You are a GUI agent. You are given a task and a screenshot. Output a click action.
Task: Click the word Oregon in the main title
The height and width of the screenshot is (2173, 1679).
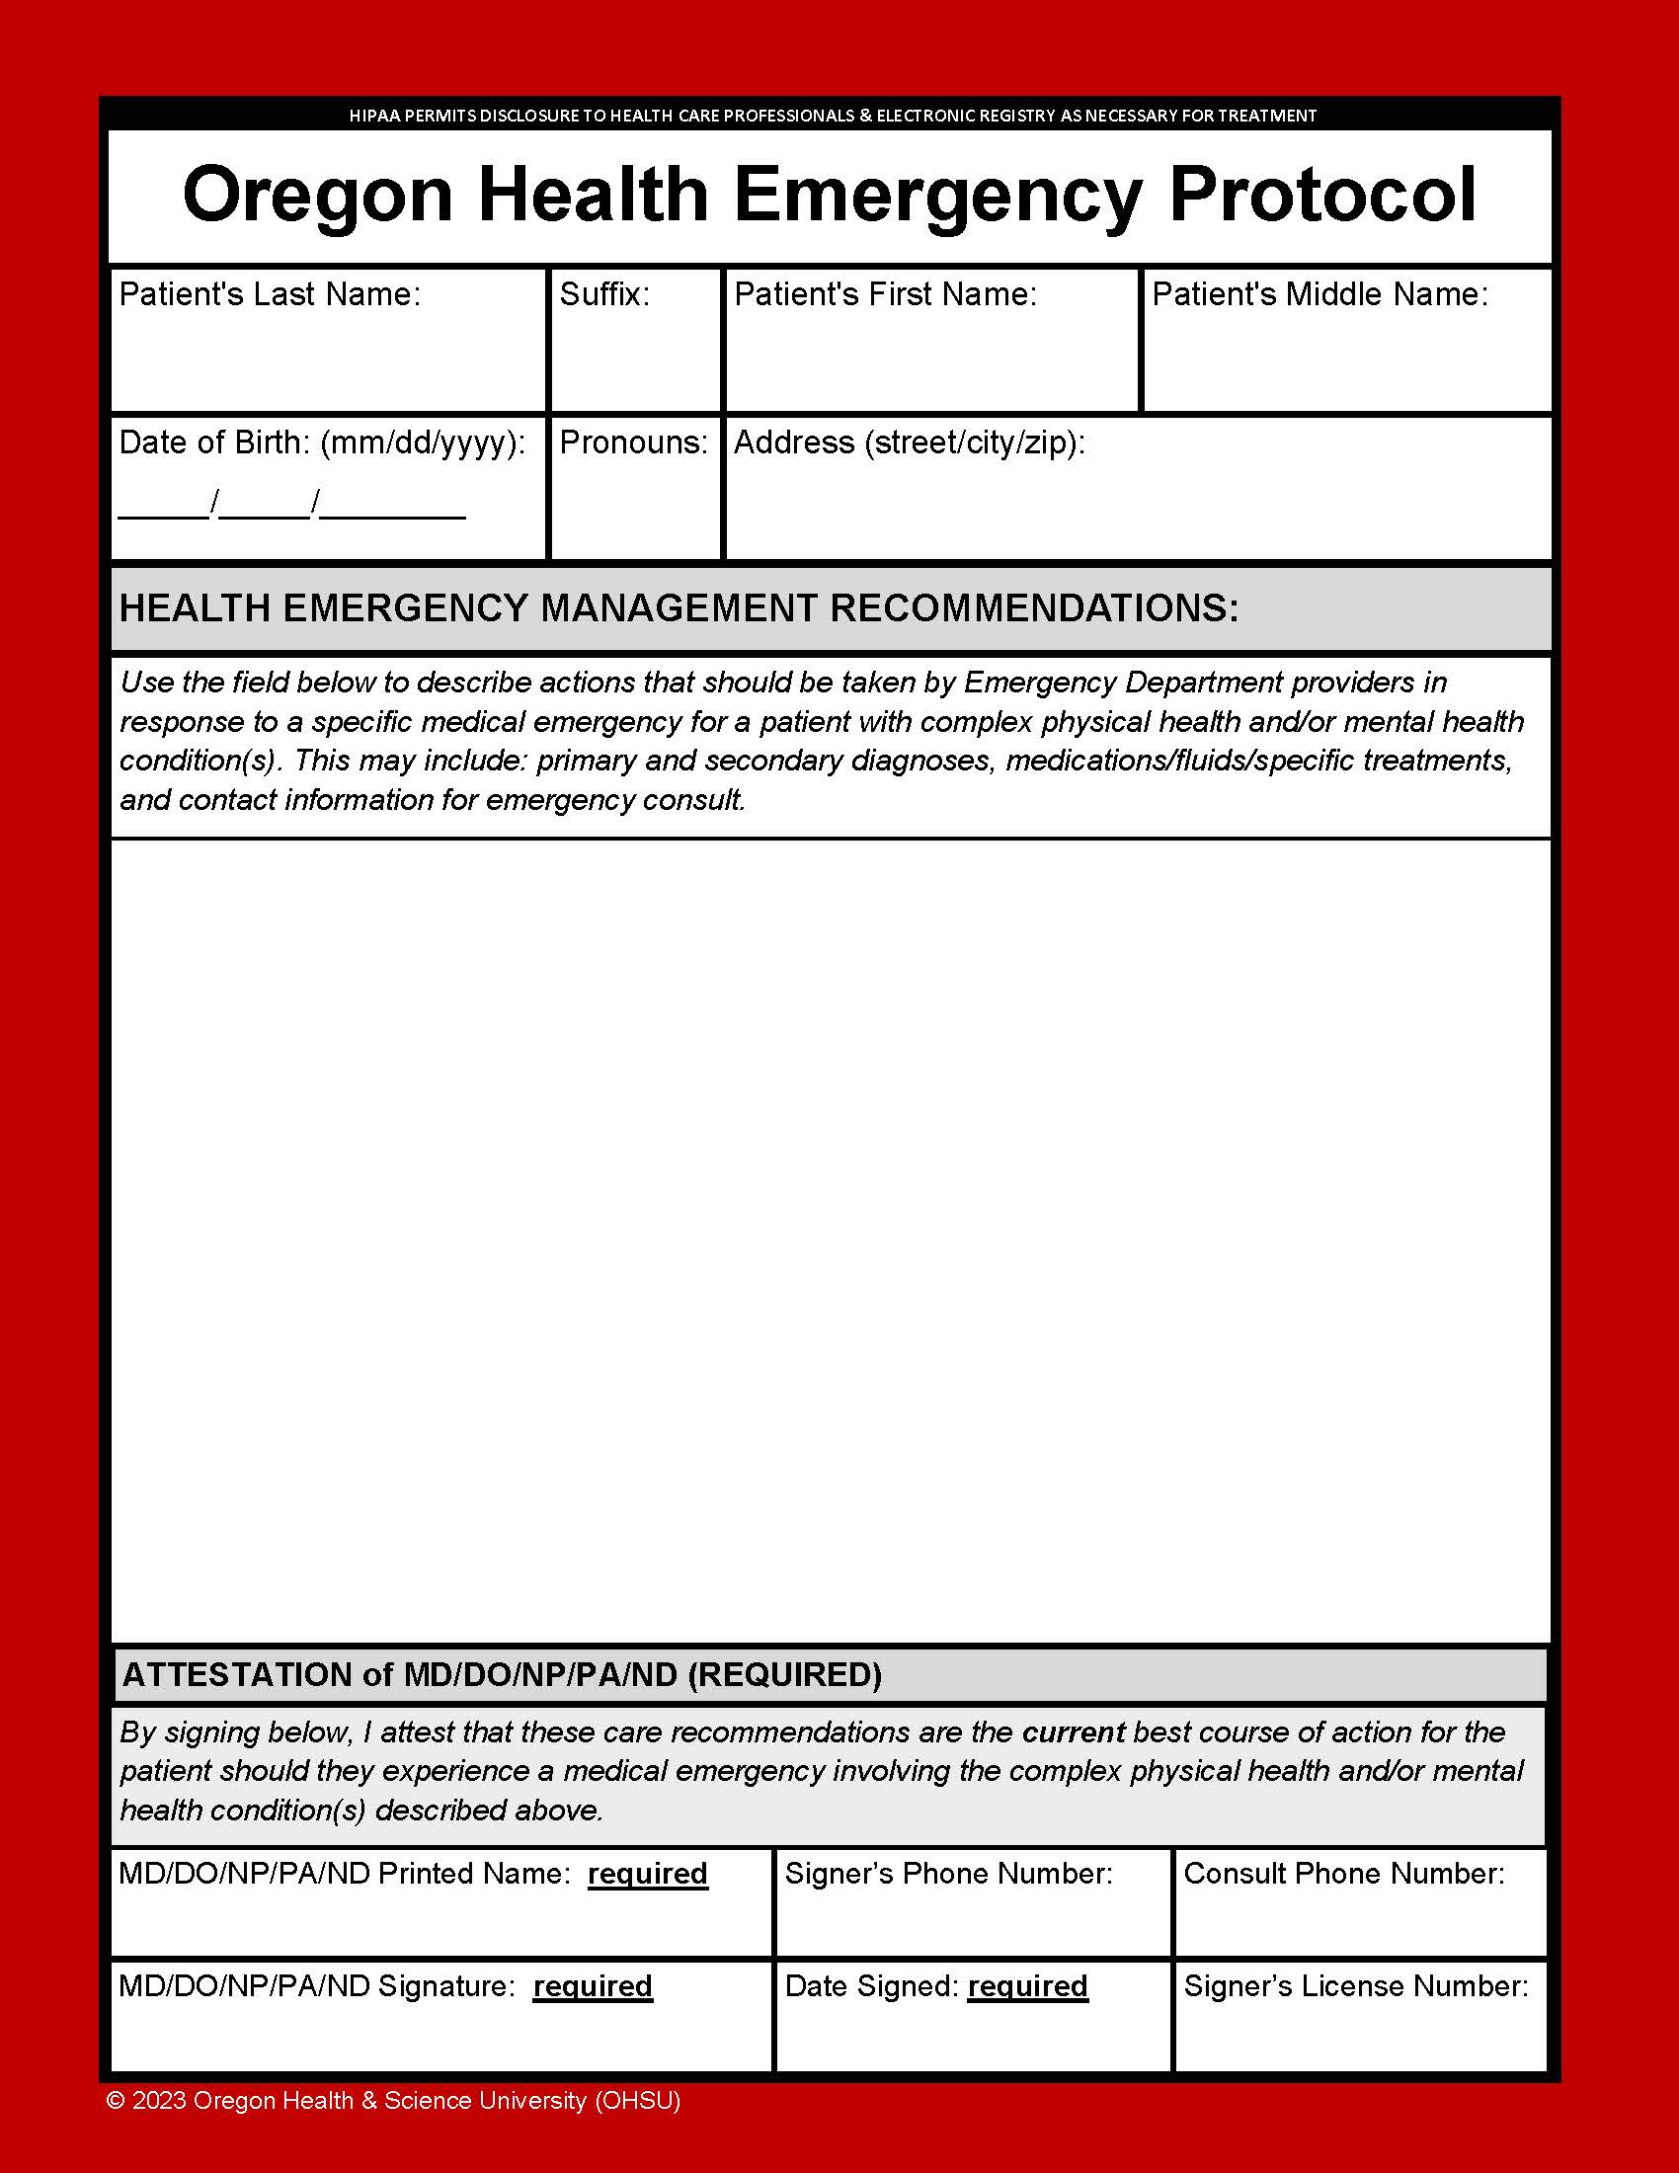[317, 195]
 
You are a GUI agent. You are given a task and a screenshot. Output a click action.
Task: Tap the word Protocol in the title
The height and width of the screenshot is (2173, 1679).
[1321, 195]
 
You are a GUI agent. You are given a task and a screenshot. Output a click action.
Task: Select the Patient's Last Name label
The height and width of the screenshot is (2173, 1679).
[270, 294]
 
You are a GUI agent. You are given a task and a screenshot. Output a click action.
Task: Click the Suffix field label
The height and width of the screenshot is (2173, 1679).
[603, 294]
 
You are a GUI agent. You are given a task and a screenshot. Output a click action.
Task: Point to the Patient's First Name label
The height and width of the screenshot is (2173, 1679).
[885, 294]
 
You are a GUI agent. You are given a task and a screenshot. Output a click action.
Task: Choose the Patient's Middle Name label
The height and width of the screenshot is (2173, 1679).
[1319, 294]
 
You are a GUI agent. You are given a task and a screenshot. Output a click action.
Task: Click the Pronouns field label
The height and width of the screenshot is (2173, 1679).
[634, 443]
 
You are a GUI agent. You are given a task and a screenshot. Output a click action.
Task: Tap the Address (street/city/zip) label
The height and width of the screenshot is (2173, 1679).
[909, 443]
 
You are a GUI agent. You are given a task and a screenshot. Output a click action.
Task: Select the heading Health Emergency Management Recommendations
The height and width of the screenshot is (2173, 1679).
[680, 607]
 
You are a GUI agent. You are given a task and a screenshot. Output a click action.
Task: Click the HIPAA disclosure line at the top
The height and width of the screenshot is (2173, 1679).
[833, 116]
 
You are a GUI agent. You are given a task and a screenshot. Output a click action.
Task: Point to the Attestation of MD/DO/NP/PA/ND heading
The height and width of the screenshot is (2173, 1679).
[502, 1674]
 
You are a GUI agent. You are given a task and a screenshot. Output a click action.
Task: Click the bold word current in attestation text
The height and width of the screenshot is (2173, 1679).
[1074, 1732]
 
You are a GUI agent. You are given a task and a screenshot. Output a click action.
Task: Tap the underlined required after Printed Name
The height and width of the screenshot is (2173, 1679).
[648, 1874]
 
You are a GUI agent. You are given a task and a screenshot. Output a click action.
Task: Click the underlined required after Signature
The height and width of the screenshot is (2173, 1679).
[593, 1986]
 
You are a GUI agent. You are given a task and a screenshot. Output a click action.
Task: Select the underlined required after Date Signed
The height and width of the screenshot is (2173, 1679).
[1027, 1986]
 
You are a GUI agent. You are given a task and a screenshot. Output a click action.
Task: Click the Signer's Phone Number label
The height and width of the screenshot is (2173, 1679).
[948, 1874]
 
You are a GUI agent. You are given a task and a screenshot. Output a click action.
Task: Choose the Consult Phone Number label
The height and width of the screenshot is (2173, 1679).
[1344, 1874]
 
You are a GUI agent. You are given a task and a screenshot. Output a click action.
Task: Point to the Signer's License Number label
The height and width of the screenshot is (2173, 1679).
[1356, 1986]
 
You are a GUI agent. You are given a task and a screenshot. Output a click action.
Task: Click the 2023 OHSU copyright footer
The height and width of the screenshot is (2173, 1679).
[394, 2100]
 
